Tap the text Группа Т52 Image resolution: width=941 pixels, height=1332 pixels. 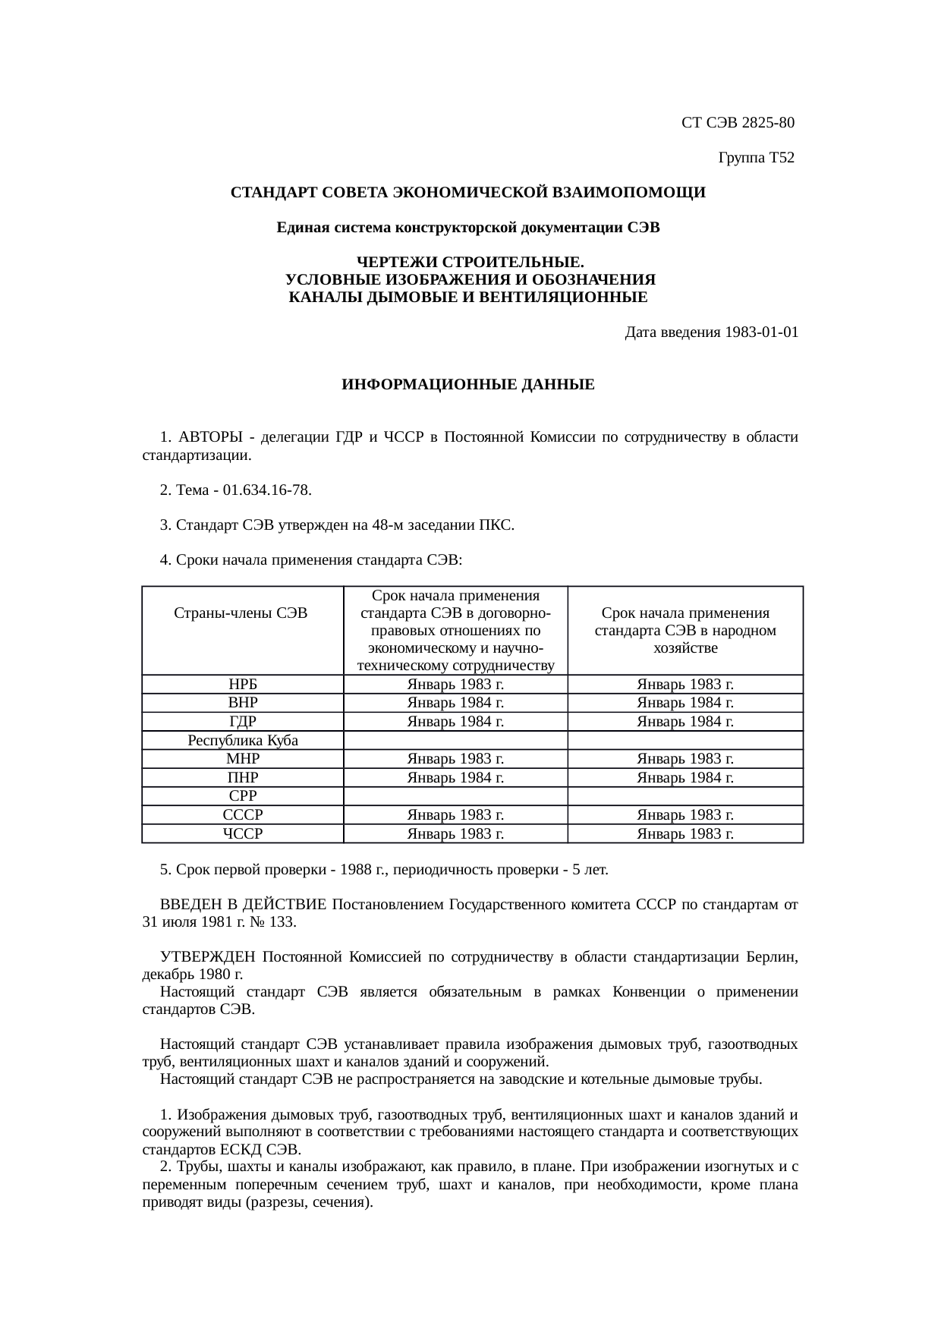(x=755, y=158)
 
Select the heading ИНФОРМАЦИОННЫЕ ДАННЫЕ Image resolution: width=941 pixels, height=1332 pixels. (x=468, y=385)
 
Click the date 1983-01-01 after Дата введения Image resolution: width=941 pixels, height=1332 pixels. (x=761, y=332)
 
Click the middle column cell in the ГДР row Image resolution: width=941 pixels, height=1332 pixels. (x=455, y=721)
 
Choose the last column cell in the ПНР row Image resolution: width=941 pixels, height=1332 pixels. (x=685, y=777)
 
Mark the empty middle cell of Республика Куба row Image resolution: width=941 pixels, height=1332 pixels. (x=455, y=740)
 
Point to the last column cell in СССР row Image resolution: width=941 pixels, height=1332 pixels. (x=685, y=814)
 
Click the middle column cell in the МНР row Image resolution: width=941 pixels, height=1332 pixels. (x=455, y=758)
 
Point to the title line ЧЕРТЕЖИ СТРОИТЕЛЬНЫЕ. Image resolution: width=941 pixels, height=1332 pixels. (x=468, y=263)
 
